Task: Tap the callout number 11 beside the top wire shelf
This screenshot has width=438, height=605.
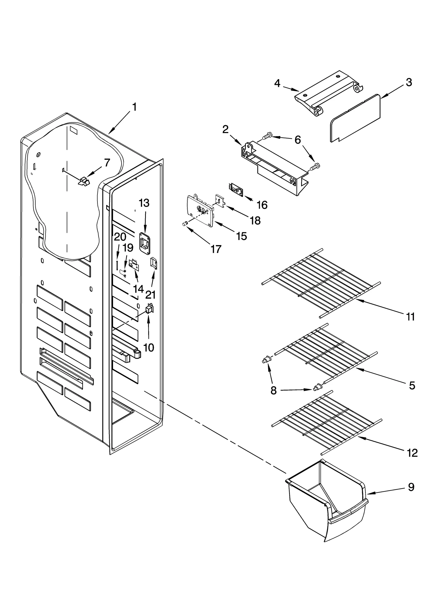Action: pos(410,317)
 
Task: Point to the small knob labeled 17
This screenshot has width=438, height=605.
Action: pos(185,224)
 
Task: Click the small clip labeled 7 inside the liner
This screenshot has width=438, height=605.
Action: pos(84,182)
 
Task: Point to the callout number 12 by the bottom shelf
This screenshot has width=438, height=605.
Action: pos(412,453)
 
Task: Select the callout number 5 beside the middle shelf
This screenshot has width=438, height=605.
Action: pos(412,385)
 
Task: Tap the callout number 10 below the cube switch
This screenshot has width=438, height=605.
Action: pos(149,348)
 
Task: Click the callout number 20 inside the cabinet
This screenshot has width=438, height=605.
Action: pos(120,237)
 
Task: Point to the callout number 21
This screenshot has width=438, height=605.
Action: pos(150,295)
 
